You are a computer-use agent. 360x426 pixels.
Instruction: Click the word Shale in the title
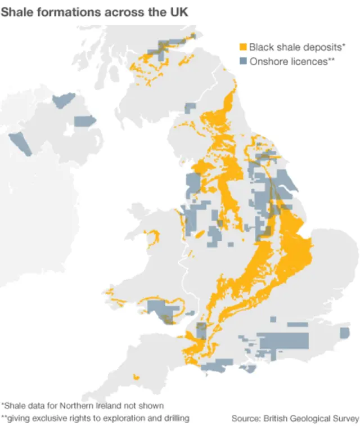pos(17,12)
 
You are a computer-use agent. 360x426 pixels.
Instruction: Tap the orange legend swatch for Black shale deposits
pos(243,47)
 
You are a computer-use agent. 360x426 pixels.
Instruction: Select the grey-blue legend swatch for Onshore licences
pos(243,61)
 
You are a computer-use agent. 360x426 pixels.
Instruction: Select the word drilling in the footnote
pos(174,418)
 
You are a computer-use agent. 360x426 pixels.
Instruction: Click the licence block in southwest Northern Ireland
pos(20,143)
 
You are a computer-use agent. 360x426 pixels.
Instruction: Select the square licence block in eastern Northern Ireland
pos(84,121)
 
